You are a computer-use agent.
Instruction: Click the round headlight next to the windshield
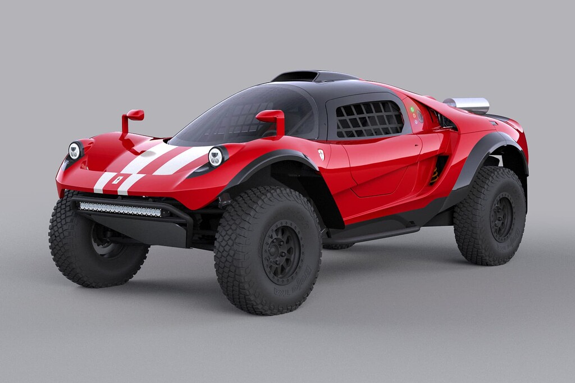click(x=216, y=157)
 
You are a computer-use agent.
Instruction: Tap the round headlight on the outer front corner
click(x=75, y=151)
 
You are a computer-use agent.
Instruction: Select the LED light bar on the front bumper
click(x=120, y=209)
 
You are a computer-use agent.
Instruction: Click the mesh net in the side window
click(x=369, y=119)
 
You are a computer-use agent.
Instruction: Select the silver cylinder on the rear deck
click(x=467, y=104)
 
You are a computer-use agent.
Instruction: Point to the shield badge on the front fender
click(x=321, y=154)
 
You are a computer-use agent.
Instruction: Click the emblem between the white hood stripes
click(x=117, y=180)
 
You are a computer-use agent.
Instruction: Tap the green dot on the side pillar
click(x=412, y=110)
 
